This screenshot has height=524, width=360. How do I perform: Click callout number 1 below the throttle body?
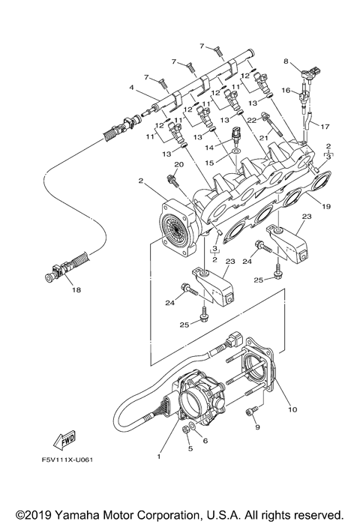[x=158, y=457]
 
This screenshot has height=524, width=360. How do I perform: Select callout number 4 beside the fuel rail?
[x=132, y=88]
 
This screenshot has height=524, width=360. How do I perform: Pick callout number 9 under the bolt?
[x=257, y=427]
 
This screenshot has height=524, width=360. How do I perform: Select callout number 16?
[x=286, y=90]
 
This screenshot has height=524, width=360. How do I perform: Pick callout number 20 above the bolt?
[x=178, y=164]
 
